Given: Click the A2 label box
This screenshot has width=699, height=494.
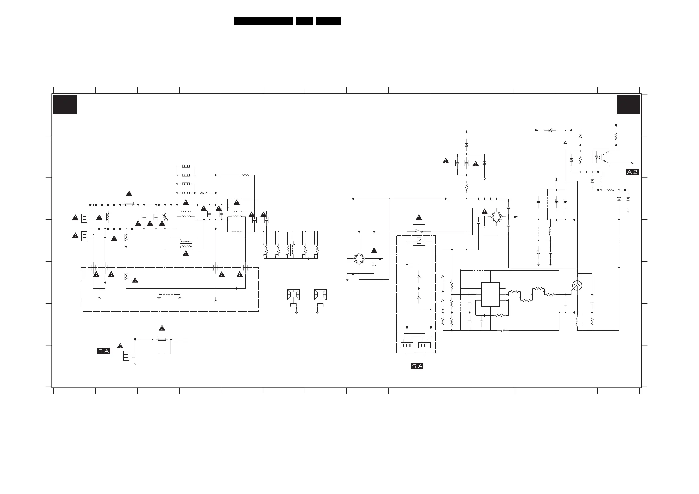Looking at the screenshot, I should click(x=632, y=172).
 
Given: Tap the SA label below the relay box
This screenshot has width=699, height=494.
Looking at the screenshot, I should click(x=417, y=366).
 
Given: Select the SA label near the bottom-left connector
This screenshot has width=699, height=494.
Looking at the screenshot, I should click(x=104, y=351).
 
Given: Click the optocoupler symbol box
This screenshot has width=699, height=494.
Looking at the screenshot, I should click(x=601, y=157).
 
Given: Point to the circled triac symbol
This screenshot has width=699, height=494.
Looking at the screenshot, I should click(x=577, y=285).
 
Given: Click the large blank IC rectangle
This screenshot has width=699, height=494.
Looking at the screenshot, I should click(x=490, y=294).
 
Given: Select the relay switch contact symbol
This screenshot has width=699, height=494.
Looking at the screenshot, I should click(x=419, y=231).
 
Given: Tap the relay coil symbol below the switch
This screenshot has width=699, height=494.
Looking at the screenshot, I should click(x=419, y=241).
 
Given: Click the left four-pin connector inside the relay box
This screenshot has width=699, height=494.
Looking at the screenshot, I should click(x=407, y=345).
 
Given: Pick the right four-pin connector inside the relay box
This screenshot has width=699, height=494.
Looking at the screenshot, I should click(x=425, y=345).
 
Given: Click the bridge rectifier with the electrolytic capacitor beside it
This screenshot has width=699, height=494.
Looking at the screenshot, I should click(x=359, y=259).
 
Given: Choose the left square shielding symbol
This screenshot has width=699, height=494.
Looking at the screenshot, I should click(x=293, y=294).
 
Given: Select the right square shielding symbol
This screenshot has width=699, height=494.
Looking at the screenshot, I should click(x=320, y=294).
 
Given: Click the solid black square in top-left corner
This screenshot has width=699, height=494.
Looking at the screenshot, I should click(x=65, y=105).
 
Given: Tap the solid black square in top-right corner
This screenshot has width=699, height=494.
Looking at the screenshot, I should click(x=628, y=105).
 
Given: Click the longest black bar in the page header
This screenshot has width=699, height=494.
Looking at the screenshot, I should click(x=263, y=21).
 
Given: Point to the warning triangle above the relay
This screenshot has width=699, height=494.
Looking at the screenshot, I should click(x=419, y=218).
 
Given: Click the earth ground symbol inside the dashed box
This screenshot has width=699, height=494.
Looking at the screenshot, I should click(x=159, y=297).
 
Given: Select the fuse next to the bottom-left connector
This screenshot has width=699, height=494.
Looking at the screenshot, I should click(x=162, y=339).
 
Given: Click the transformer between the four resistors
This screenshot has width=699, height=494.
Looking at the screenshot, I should click(x=291, y=250).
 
